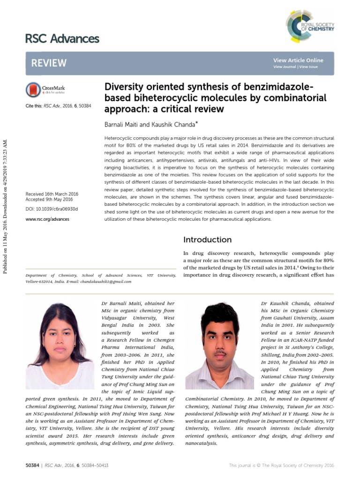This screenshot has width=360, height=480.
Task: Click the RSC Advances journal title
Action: (x=62, y=38)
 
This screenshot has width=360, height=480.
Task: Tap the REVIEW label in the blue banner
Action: (x=49, y=63)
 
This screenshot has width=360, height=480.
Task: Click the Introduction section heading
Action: (x=207, y=240)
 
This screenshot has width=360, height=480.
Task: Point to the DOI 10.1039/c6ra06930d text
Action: (x=52, y=209)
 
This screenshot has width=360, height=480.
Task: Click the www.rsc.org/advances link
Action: (x=47, y=219)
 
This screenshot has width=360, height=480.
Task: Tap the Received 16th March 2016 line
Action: (x=52, y=194)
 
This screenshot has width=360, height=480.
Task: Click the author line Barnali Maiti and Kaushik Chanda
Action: (x=148, y=125)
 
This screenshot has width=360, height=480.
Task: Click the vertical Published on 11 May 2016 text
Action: (x=6, y=206)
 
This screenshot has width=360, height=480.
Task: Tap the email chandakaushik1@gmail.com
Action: (x=107, y=282)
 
